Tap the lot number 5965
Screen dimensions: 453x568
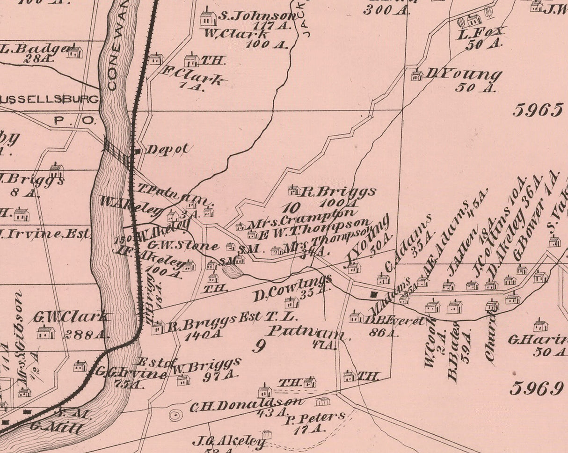pyautogui.click(x=537, y=110)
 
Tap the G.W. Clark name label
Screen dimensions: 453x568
pyautogui.click(x=72, y=317)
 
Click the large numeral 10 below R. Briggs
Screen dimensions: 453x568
pyautogui.click(x=291, y=208)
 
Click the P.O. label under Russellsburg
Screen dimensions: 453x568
pyautogui.click(x=75, y=120)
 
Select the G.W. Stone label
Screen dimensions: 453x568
pyautogui.click(x=183, y=245)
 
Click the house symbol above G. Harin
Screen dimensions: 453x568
pyautogui.click(x=540, y=325)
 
